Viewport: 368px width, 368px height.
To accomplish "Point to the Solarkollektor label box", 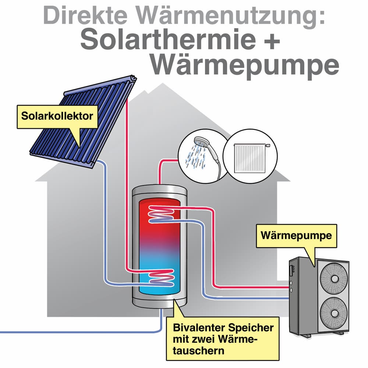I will point(57,116).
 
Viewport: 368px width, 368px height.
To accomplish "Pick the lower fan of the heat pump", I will point(334,312).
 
